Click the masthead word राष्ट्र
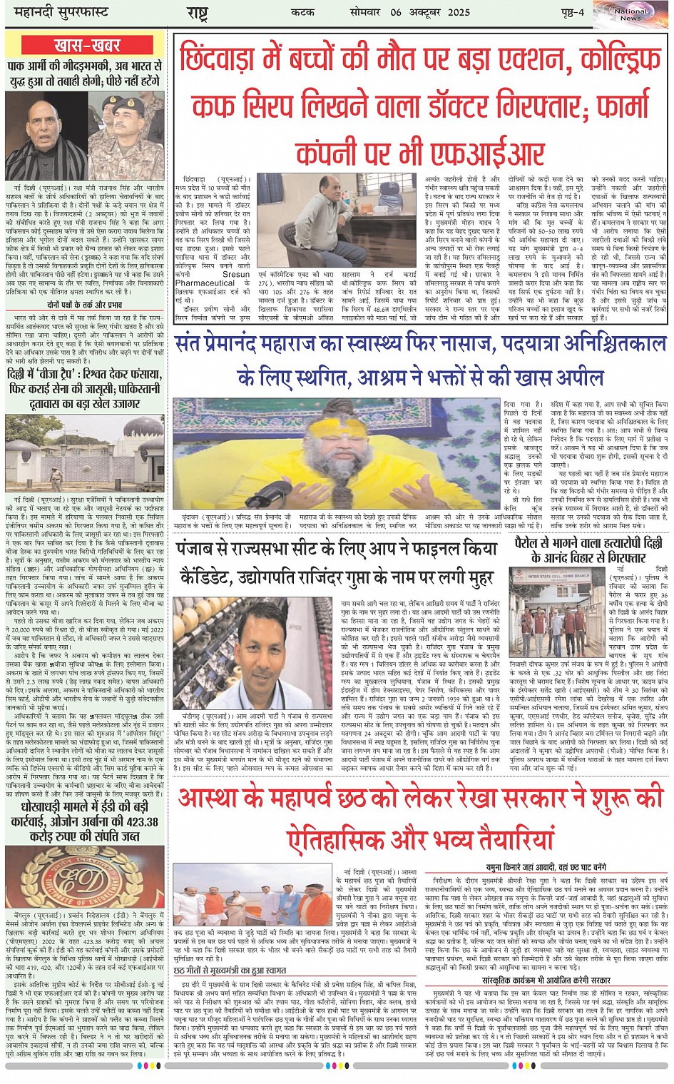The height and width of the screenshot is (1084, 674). [197, 13]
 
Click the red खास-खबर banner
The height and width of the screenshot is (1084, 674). [87, 45]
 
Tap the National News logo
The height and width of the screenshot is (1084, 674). [630, 14]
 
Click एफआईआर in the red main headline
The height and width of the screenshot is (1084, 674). [477, 152]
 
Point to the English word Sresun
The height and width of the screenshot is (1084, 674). [236, 274]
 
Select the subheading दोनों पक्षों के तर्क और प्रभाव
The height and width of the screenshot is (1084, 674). [85, 304]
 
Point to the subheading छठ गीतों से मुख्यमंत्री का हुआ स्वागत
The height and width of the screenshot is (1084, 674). [230, 971]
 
